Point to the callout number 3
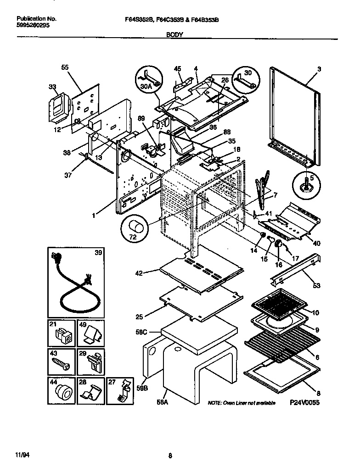(x=318, y=69)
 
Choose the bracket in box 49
(x=92, y=335)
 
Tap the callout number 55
(x=65, y=67)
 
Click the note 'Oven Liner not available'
(x=242, y=403)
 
